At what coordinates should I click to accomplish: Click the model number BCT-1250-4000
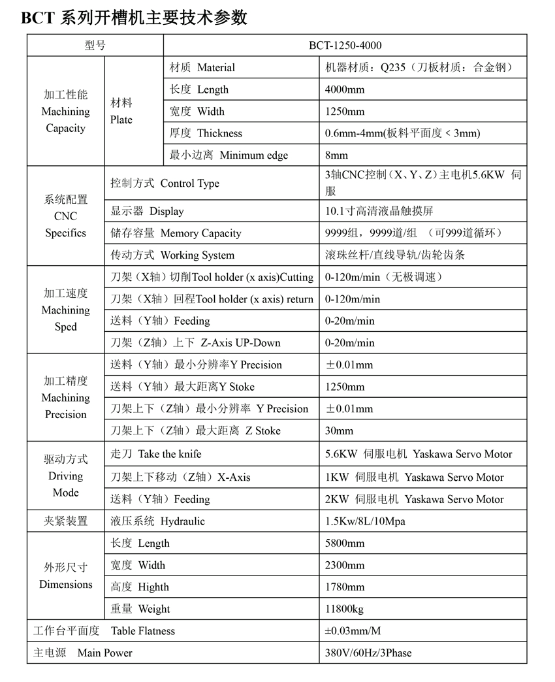(345, 45)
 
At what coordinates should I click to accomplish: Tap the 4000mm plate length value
(345, 89)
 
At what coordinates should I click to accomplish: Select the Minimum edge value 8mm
(336, 155)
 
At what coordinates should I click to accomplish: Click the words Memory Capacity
(200, 233)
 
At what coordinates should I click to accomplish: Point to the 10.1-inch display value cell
(379, 211)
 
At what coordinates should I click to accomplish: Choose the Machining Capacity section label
(65, 112)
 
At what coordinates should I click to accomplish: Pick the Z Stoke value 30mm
(339, 430)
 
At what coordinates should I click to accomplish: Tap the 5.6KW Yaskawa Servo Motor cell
(419, 454)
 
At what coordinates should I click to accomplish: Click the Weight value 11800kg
(344, 609)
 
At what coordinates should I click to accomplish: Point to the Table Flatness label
(143, 631)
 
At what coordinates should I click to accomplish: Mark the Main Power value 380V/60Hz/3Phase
(368, 653)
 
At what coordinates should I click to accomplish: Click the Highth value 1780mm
(345, 587)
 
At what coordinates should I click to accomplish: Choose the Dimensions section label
(65, 584)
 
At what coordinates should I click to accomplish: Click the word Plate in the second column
(121, 120)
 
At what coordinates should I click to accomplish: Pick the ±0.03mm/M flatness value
(353, 631)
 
